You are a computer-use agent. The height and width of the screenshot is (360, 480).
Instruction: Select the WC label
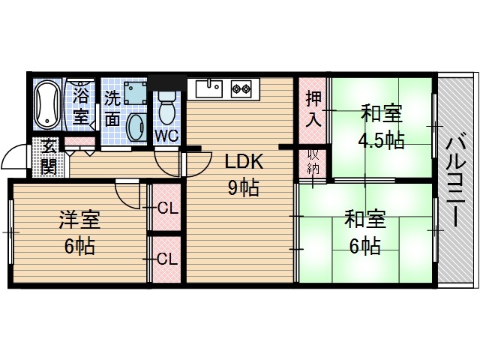click(x=166, y=135)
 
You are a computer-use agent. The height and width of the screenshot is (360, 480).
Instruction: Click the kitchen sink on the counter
click(x=209, y=88)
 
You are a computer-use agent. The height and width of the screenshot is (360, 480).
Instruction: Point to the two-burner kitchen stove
click(x=241, y=88)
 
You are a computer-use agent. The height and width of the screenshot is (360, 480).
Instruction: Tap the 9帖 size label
click(x=243, y=187)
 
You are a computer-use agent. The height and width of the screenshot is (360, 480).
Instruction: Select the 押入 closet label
click(x=313, y=109)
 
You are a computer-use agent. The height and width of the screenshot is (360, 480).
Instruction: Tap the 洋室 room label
click(x=79, y=221)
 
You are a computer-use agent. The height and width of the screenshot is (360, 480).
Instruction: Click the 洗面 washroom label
click(x=112, y=108)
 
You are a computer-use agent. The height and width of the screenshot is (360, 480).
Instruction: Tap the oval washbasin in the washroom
click(x=136, y=127)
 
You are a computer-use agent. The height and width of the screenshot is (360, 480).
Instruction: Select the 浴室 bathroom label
click(x=81, y=106)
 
